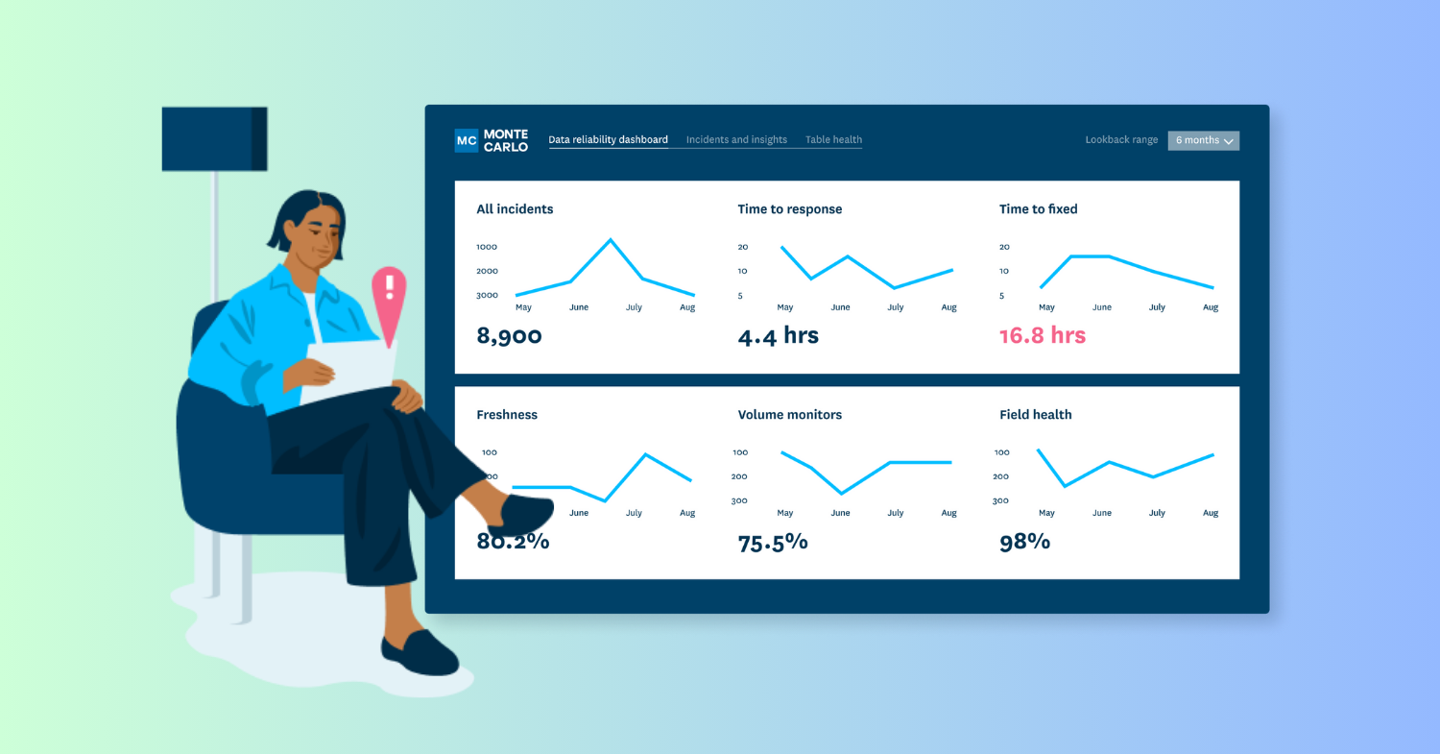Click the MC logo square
pyautogui.click(x=467, y=140)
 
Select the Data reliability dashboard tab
pyautogui.click(x=608, y=140)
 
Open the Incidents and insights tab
pyautogui.click(x=736, y=140)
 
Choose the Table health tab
pyautogui.click(x=833, y=140)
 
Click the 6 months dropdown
pyautogui.click(x=1203, y=140)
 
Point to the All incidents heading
pyautogui.click(x=515, y=209)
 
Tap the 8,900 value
pyautogui.click(x=509, y=336)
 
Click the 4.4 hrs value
pyautogui.click(x=778, y=336)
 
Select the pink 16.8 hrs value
pyautogui.click(x=1042, y=336)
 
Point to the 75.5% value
pyautogui.click(x=773, y=542)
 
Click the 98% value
pyautogui.click(x=1024, y=542)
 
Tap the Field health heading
pyautogui.click(x=1035, y=415)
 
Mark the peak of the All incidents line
pyautogui.click(x=610, y=239)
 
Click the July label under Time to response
pyautogui.click(x=895, y=307)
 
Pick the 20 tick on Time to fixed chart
pyautogui.click(x=1004, y=247)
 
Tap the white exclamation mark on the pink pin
pyautogui.click(x=389, y=287)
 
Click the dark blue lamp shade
pyautogui.click(x=214, y=139)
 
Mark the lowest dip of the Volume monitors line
pyautogui.click(x=841, y=494)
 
